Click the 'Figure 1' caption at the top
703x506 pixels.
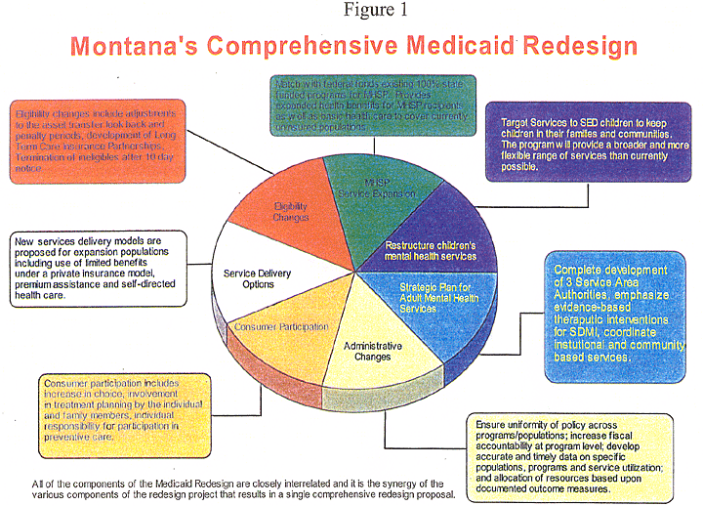[351, 11]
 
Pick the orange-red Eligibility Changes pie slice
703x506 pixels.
[283, 210]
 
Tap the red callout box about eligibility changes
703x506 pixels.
[98, 142]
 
